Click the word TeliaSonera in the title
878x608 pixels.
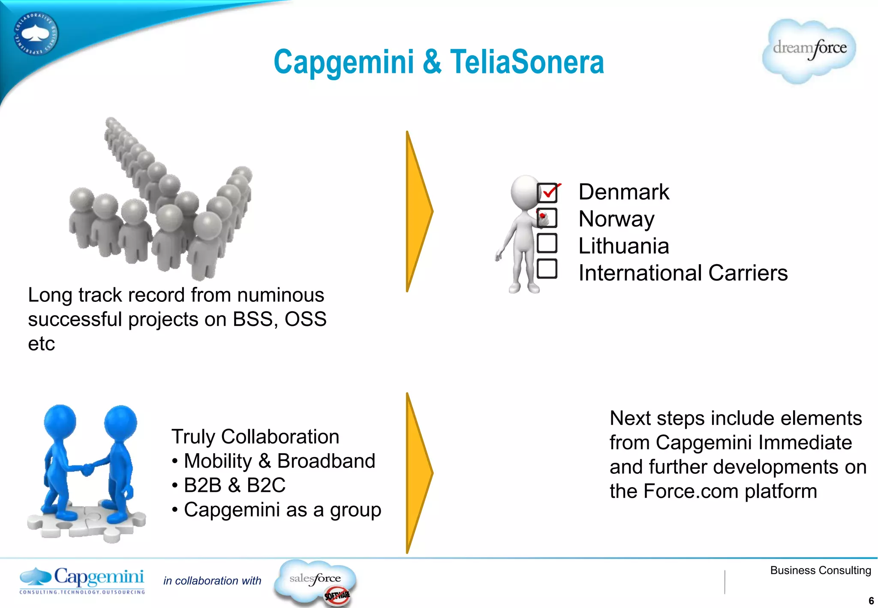(x=527, y=62)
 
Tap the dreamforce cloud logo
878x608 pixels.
(x=809, y=51)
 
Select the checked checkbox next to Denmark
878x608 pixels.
(x=547, y=193)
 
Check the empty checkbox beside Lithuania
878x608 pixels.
(x=547, y=243)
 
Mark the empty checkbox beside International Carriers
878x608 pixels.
(x=547, y=269)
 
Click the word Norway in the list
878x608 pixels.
(x=616, y=219)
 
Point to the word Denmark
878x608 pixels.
(x=623, y=192)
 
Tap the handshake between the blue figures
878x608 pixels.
(x=87, y=469)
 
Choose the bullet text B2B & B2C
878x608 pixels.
(x=234, y=485)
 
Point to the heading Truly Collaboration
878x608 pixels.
(x=255, y=437)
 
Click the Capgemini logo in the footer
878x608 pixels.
(x=82, y=580)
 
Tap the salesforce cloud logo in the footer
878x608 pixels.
(x=315, y=580)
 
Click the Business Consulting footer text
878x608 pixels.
(x=820, y=570)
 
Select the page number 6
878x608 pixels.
(x=871, y=601)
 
